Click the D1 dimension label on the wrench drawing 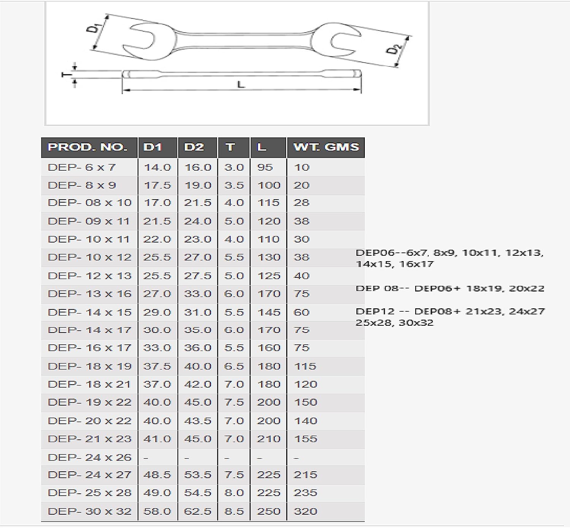[x=93, y=29]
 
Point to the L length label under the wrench [x=241, y=84]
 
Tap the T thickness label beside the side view [x=67, y=74]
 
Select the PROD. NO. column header [x=87, y=147]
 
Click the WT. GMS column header [x=326, y=147]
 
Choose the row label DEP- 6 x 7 [x=82, y=167]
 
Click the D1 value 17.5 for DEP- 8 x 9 [x=157, y=185]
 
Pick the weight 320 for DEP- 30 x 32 [x=306, y=512]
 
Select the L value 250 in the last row [x=269, y=512]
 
